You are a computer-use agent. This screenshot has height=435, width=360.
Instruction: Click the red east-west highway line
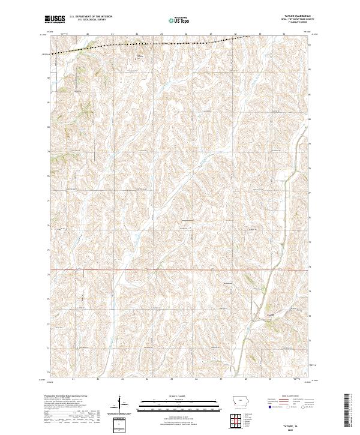[180, 269]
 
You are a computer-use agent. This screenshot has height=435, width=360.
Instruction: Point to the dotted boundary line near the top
[150, 45]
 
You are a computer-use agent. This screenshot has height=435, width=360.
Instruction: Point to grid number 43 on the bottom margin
[122, 379]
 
